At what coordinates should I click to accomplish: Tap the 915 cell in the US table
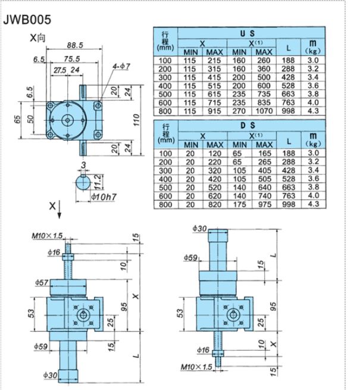(214, 110)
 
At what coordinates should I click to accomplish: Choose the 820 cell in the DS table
(214, 204)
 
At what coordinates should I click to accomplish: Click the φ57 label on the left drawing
(42, 282)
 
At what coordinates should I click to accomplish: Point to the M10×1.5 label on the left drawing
(48, 236)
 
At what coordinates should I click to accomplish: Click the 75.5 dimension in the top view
(73, 59)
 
